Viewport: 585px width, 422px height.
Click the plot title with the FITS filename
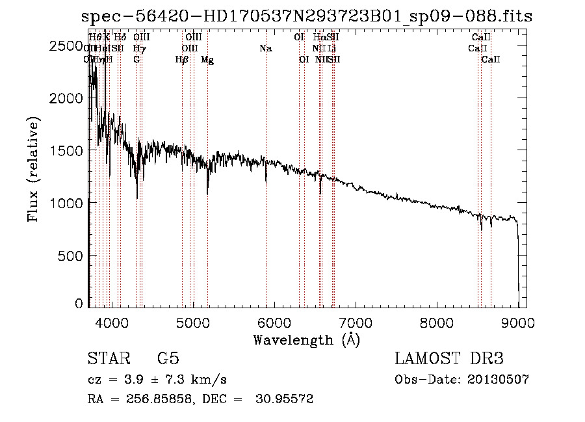point(307,17)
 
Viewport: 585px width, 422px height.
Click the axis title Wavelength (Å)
point(306,339)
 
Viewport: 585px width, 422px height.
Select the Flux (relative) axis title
point(33,169)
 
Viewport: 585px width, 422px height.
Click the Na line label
point(265,49)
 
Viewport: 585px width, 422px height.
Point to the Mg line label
point(207,60)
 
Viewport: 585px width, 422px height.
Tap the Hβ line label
point(182,60)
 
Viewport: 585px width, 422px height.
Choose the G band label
point(136,60)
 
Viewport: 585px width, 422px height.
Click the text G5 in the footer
point(168,359)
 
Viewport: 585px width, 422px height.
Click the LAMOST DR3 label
point(448,359)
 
